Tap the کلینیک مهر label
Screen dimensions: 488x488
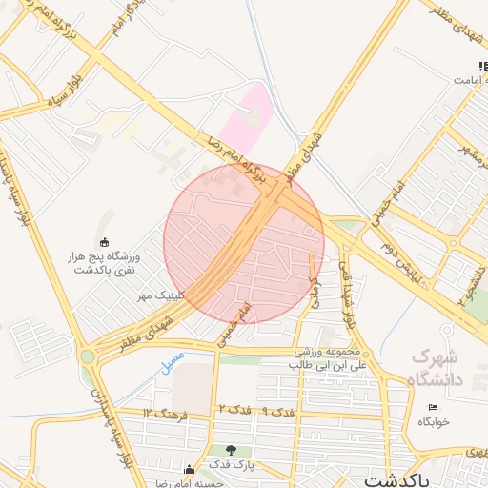pos(156,296)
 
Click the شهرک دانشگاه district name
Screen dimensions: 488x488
pos(437,368)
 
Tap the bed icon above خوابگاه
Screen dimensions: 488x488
pos(433,407)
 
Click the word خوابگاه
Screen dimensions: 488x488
pos(433,420)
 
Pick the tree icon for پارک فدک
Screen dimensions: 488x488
pos(231,450)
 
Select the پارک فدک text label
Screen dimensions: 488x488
pos(231,464)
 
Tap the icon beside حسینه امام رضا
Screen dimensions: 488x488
pos(189,469)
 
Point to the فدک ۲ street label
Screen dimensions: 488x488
pos(234,409)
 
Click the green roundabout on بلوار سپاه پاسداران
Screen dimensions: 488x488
pos(88,356)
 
